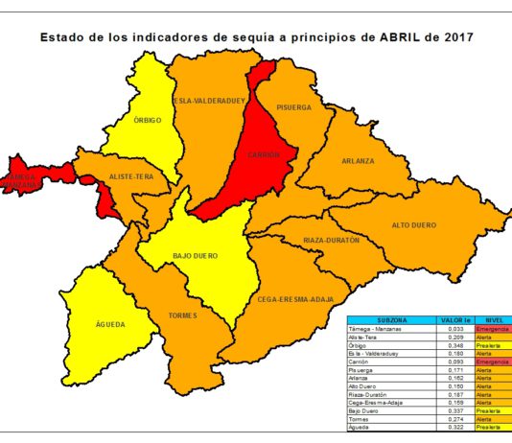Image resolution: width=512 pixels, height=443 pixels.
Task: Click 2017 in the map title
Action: [x=454, y=37]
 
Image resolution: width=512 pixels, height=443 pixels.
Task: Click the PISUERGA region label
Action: [x=294, y=107]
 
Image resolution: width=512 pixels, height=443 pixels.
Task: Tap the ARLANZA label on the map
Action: [x=359, y=161]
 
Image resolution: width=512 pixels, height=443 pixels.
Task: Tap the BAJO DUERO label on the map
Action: [x=195, y=256]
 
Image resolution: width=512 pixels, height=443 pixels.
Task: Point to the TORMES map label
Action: [x=182, y=315]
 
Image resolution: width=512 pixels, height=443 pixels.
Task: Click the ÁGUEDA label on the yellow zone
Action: [x=111, y=325]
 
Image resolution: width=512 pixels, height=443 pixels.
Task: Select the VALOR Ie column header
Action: [x=455, y=320]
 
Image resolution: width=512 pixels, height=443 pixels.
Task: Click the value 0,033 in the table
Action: [x=455, y=329]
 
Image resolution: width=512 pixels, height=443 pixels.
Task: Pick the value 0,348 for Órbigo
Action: [x=455, y=344]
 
